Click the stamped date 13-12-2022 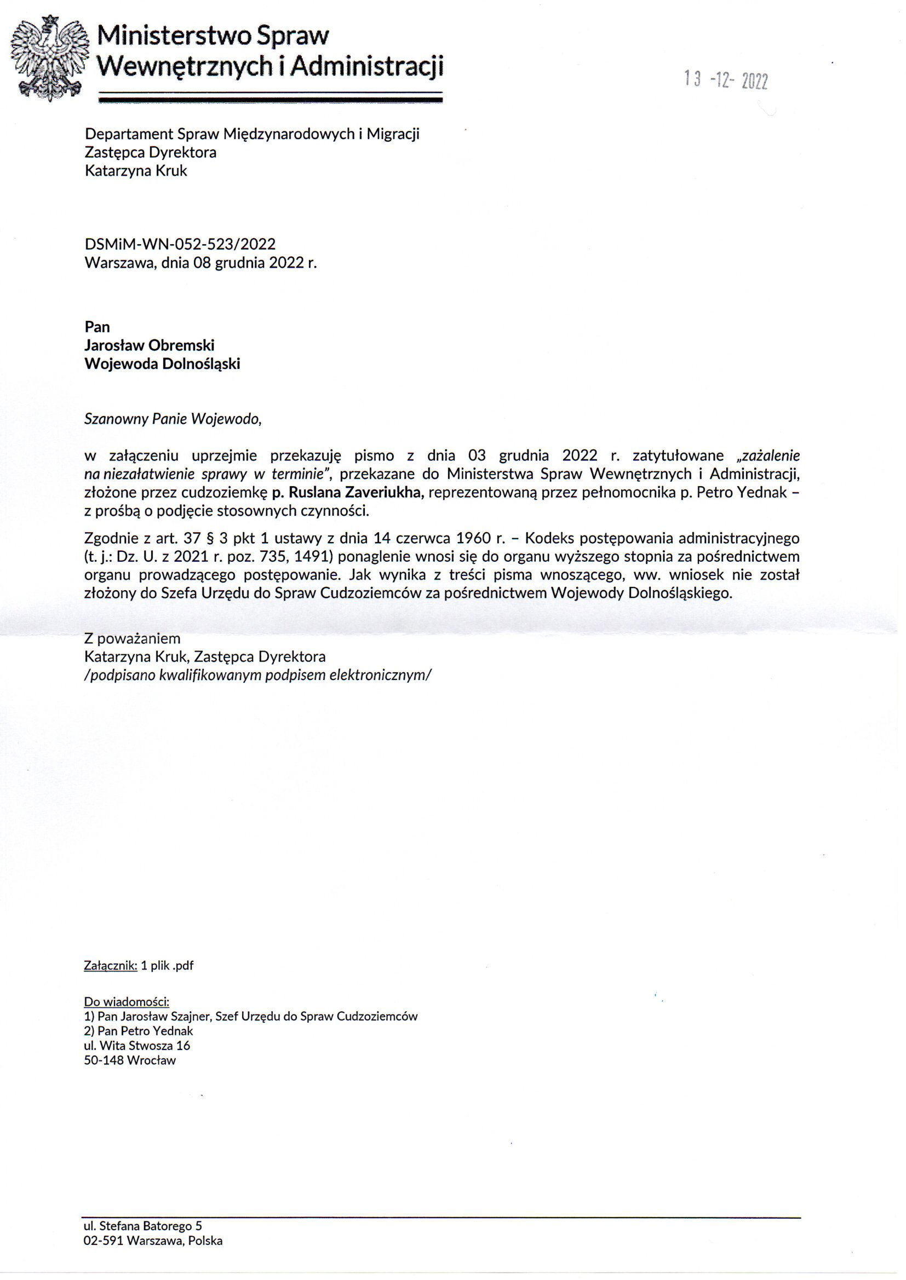point(726,82)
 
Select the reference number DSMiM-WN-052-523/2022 point(180,244)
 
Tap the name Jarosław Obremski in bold point(150,345)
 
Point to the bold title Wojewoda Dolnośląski point(162,364)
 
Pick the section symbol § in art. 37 point(211,539)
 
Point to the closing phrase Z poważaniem point(132,638)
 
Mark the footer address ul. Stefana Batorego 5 point(143,1221)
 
